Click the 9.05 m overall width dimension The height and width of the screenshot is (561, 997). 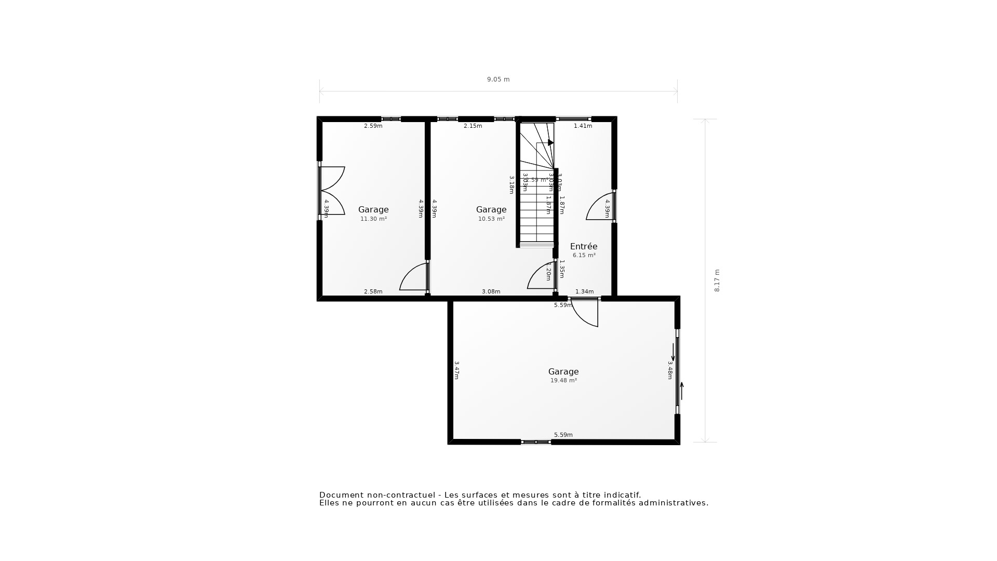coord(498,79)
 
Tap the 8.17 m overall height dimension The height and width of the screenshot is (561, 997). coord(717,280)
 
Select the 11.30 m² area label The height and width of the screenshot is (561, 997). coord(373,219)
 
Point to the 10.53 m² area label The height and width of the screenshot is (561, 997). coord(491,219)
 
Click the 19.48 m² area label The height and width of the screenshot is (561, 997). coord(563,381)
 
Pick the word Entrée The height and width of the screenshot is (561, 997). coord(584,246)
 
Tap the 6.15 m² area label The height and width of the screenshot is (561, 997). coord(584,256)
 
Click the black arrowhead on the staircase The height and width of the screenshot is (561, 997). coord(550,142)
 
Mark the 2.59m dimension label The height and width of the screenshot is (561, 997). coord(373,126)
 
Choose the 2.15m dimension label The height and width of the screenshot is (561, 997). coord(473,126)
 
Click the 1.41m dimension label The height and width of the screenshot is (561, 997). coord(583,126)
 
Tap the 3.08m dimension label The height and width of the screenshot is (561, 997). coord(491,292)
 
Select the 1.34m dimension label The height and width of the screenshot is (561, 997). coord(584,292)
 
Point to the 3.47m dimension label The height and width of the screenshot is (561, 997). coord(456,370)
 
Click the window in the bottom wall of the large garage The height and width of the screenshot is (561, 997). coord(535,442)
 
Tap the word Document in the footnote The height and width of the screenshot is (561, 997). coord(342,495)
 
